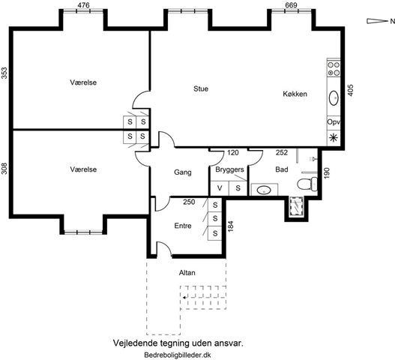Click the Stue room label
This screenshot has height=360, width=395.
click(x=201, y=88)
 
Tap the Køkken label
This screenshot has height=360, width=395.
click(x=295, y=94)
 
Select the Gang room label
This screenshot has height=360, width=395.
click(x=183, y=172)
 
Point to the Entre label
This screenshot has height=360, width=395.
click(x=183, y=226)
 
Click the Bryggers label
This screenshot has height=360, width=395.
click(x=229, y=169)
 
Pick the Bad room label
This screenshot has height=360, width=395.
click(x=282, y=169)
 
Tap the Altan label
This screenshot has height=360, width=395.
click(x=187, y=272)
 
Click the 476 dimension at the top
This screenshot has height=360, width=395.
click(x=83, y=5)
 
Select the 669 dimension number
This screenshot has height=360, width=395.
click(x=292, y=5)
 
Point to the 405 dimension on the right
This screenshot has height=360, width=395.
click(x=351, y=90)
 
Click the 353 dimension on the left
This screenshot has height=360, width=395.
click(x=4, y=73)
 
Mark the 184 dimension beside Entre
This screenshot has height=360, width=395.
click(x=230, y=226)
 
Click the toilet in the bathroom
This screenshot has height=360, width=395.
click(x=307, y=183)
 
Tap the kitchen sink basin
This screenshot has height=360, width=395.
click(x=334, y=97)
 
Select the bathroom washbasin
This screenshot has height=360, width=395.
click(x=264, y=190)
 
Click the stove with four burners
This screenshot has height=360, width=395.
click(x=334, y=69)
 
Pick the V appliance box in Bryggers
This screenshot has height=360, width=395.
click(x=220, y=188)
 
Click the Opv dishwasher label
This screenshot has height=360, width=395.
click(x=334, y=122)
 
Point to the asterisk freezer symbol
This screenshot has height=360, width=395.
click(x=334, y=138)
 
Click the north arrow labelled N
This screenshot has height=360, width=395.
click(x=381, y=21)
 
